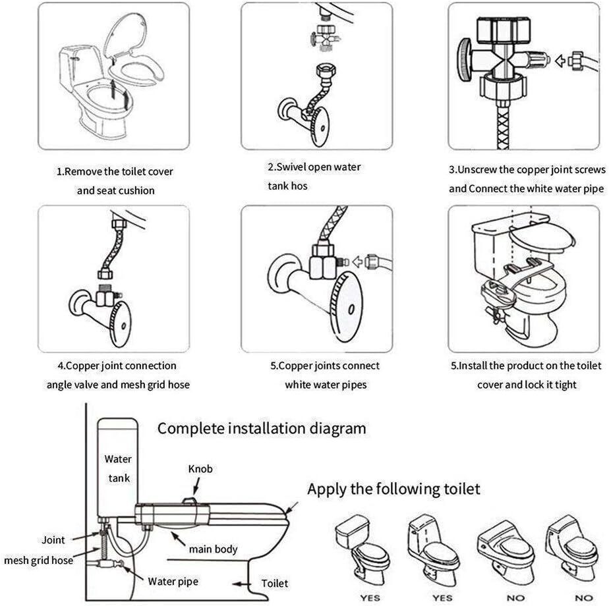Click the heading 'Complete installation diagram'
(261, 429)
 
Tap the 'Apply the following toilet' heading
(393, 489)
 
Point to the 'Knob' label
(200, 468)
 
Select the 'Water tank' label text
(118, 468)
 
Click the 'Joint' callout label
(53, 539)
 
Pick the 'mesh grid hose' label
(38, 560)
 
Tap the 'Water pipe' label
(173, 581)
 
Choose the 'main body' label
(213, 549)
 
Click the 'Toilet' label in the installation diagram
(275, 583)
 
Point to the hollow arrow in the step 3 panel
(560, 61)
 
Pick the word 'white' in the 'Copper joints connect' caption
(298, 385)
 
